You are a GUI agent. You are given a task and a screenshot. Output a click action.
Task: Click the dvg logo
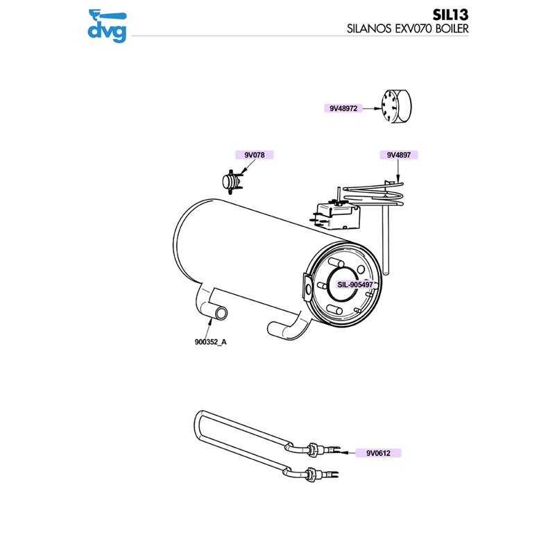[x=108, y=24]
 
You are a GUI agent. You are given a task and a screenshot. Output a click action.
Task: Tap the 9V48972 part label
[x=343, y=108]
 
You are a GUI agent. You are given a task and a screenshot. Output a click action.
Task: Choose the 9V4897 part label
[x=399, y=155]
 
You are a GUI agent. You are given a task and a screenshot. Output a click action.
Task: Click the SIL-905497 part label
[x=356, y=284]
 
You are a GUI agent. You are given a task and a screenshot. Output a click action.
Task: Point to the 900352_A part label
[x=211, y=342]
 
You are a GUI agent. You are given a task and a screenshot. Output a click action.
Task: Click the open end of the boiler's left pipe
[x=220, y=314]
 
